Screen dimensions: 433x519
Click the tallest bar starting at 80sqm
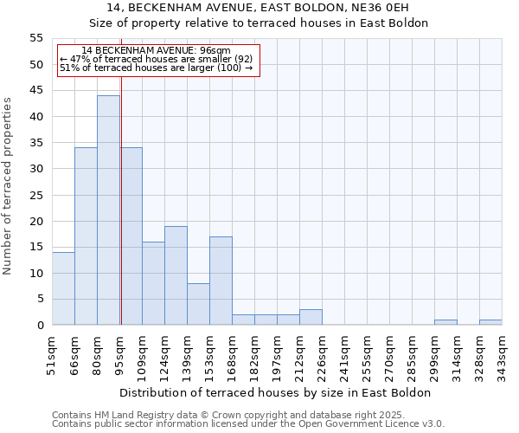click(x=108, y=210)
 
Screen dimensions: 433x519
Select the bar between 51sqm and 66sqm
click(x=63, y=288)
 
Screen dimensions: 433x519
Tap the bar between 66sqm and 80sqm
click(x=86, y=236)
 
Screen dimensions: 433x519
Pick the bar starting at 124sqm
click(x=176, y=275)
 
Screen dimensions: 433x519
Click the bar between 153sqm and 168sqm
click(x=221, y=281)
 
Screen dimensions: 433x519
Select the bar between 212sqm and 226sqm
click(x=311, y=317)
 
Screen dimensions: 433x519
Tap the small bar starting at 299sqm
click(x=445, y=322)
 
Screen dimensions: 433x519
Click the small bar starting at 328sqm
click(x=490, y=322)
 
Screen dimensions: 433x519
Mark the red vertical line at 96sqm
click(x=121, y=216)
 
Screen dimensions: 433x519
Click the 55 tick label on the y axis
click(x=36, y=38)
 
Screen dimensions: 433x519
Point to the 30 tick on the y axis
click(x=36, y=169)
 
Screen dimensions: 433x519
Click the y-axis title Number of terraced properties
click(x=8, y=186)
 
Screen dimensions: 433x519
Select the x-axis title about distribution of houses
click(x=274, y=392)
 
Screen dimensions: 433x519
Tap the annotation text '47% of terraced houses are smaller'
click(x=156, y=59)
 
